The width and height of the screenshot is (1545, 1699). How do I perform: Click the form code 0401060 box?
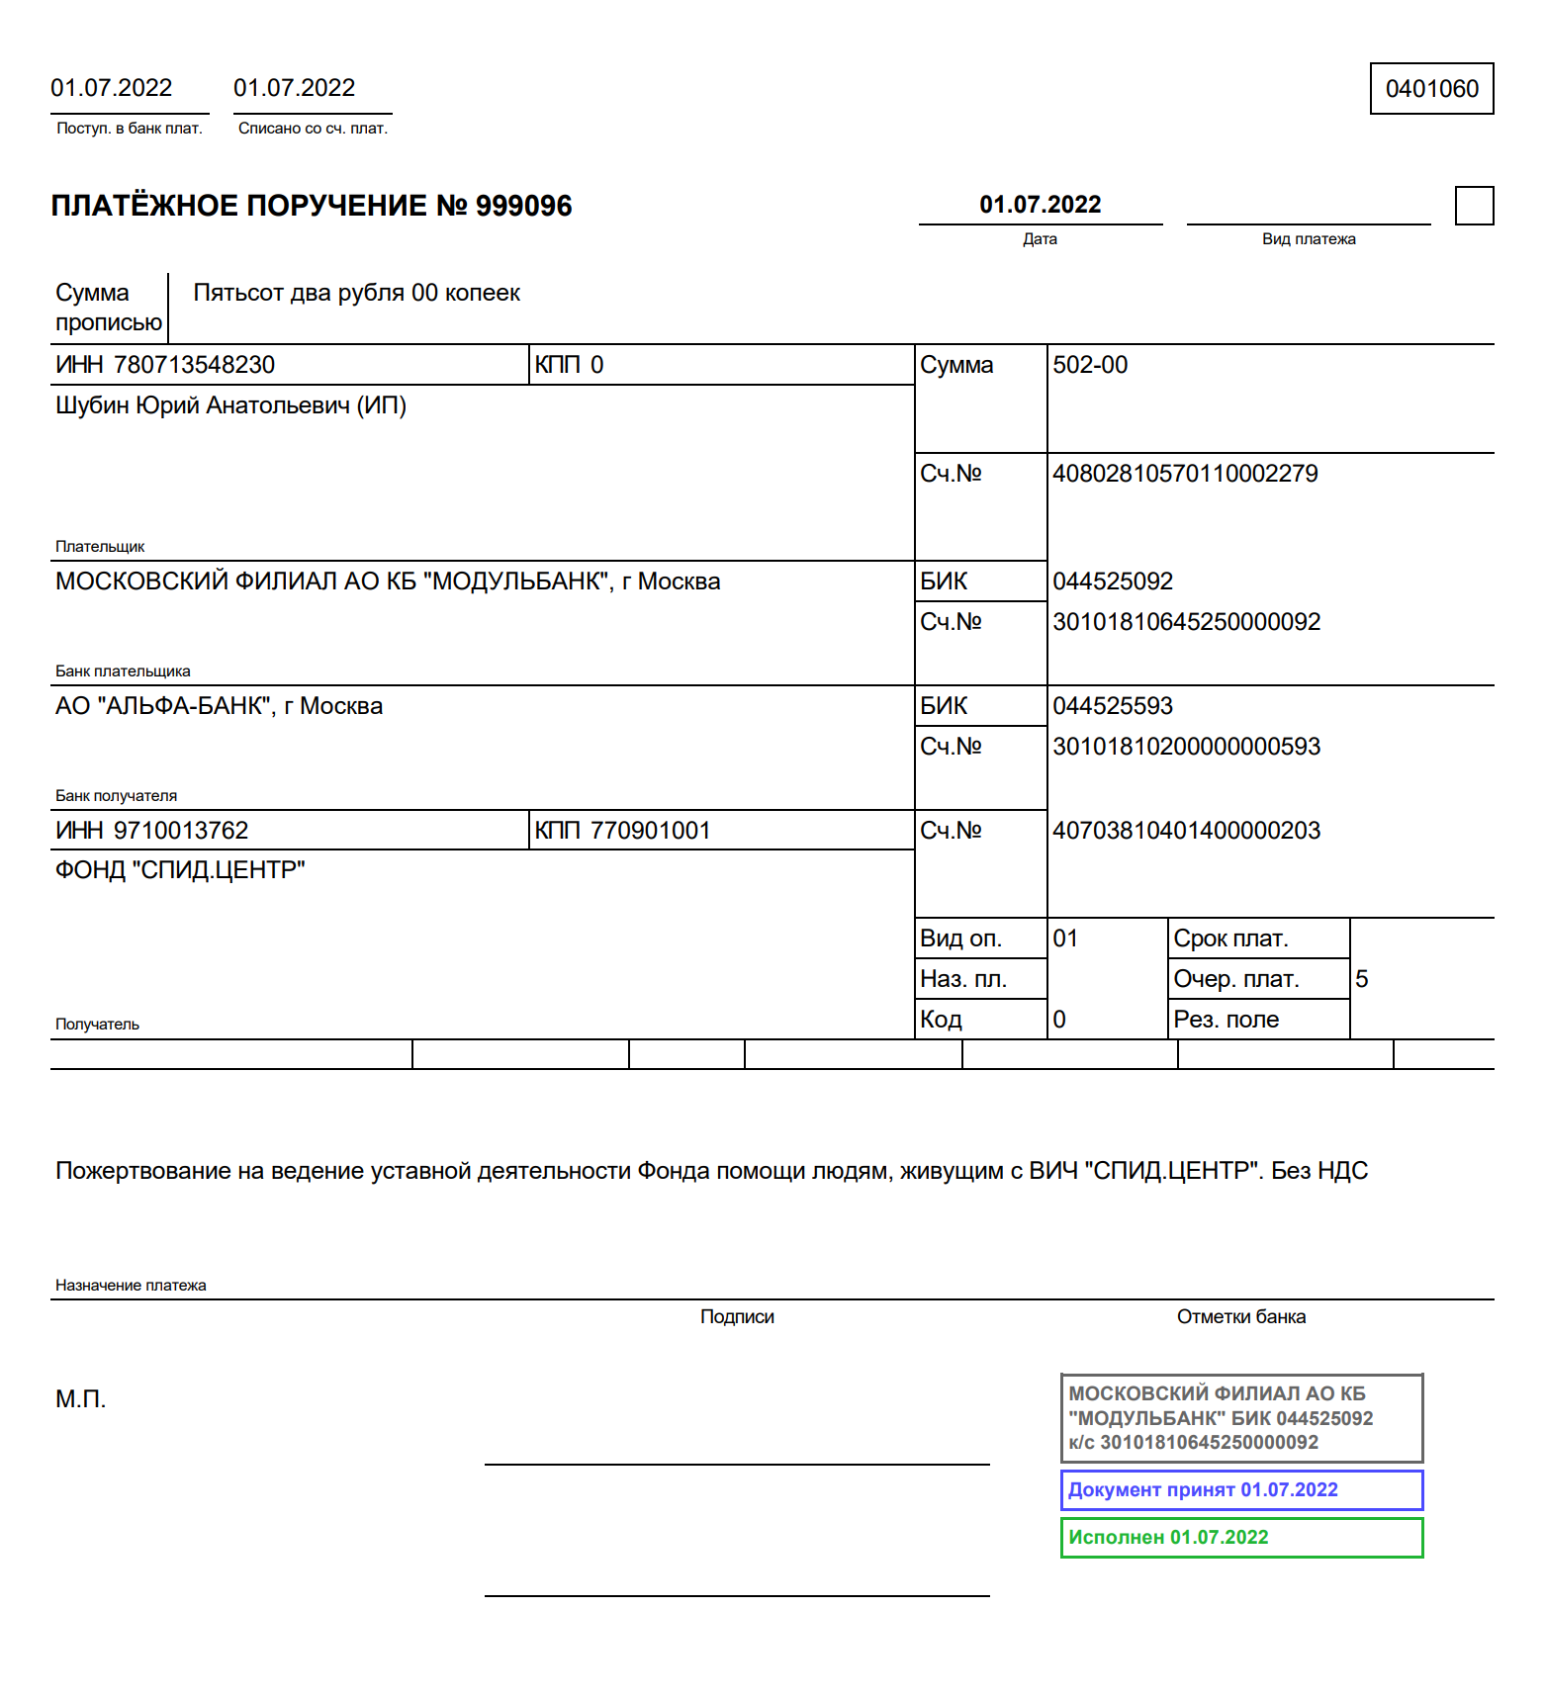tap(1431, 89)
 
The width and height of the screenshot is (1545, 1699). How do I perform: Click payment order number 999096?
tap(523, 206)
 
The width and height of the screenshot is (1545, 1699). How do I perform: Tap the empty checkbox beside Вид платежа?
tap(1474, 206)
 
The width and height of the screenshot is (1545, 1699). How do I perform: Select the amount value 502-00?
tap(1090, 365)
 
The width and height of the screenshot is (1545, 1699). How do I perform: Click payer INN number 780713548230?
tap(194, 365)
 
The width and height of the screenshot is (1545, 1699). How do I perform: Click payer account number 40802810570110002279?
tap(1185, 474)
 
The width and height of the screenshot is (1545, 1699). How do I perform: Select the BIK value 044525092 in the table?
tap(1113, 581)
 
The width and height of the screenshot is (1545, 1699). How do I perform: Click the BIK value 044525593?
tap(1113, 706)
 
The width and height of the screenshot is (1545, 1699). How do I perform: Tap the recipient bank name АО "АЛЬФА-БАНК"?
tap(219, 706)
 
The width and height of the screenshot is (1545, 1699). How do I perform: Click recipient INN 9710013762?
tap(181, 831)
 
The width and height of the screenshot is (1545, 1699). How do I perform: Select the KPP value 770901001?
tap(650, 831)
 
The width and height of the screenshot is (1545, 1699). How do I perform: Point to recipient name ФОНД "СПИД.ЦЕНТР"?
tap(180, 870)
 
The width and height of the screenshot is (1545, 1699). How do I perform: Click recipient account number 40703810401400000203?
tap(1186, 831)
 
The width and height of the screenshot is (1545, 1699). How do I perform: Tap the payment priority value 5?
tap(1362, 979)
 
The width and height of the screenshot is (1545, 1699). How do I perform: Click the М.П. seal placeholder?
tap(80, 1399)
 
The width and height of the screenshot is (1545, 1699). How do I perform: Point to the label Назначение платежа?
tap(131, 1286)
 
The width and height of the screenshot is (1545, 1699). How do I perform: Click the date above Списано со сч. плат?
tap(294, 88)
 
